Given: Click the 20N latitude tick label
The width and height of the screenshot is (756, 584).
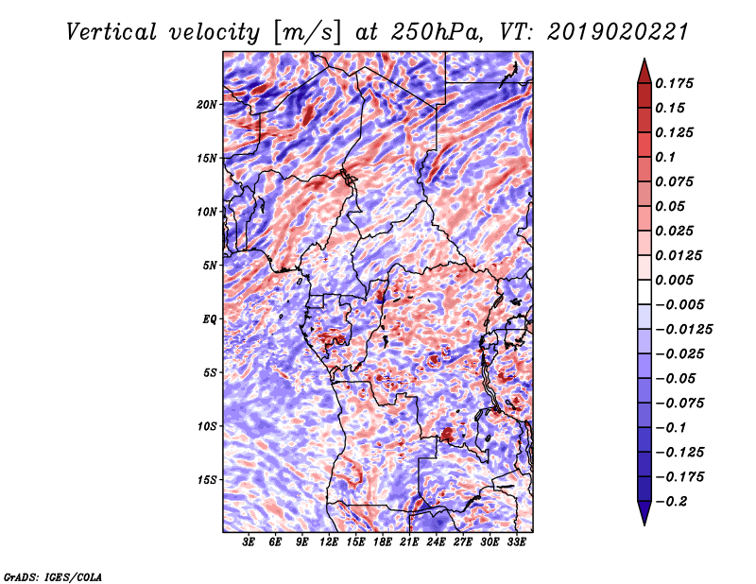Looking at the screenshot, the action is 207,105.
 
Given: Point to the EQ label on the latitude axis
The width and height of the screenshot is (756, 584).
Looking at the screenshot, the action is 209,319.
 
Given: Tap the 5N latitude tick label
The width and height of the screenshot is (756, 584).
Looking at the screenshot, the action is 210,266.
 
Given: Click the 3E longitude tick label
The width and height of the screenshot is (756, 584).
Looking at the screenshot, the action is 249,542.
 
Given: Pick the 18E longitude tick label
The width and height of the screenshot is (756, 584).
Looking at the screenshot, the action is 382,542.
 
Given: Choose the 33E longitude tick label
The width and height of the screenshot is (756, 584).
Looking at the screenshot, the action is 516,542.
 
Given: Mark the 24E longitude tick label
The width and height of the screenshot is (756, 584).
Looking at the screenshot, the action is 436,542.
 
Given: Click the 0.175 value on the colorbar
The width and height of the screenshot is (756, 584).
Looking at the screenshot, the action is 674,83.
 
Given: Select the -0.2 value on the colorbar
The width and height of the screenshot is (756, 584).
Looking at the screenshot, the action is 671,502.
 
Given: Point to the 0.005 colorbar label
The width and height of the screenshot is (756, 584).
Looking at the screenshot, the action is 674,280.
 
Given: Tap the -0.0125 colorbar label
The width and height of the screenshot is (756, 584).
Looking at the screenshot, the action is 683,330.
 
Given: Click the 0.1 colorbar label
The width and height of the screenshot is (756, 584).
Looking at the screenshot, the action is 665,157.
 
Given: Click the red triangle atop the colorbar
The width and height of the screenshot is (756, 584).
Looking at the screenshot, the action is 644,71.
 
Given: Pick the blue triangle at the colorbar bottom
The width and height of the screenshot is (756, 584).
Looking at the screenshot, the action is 644,513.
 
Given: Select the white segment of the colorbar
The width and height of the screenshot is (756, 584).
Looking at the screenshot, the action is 644,292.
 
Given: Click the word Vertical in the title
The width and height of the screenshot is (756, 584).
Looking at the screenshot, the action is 112,32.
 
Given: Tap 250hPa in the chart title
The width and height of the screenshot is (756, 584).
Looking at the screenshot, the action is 437,32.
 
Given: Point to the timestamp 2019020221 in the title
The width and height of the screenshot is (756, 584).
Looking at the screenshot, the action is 618,32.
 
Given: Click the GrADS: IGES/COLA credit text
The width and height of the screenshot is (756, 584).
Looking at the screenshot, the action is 53,576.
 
